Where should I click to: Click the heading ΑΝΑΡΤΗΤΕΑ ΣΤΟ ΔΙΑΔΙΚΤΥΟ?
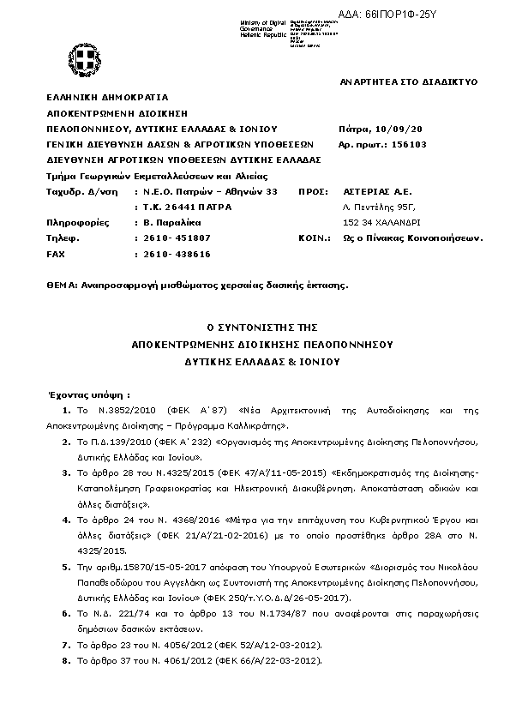coord(409,81)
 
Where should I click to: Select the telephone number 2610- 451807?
coord(177,238)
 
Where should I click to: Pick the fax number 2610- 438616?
coord(177,255)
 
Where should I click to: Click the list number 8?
coord(66,661)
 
